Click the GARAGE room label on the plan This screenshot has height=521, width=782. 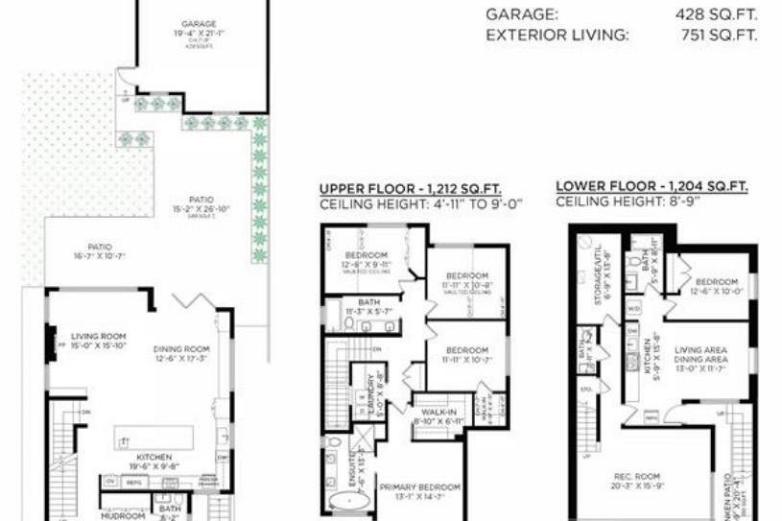pyautogui.click(x=200, y=24)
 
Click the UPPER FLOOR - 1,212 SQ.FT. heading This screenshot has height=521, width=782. pyautogui.click(x=410, y=189)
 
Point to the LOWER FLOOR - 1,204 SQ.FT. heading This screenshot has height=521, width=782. pyautogui.click(x=651, y=186)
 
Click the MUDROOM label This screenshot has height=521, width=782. pyautogui.click(x=124, y=515)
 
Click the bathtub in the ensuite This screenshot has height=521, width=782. pyautogui.click(x=341, y=503)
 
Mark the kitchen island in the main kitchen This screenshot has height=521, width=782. pyautogui.click(x=154, y=438)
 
